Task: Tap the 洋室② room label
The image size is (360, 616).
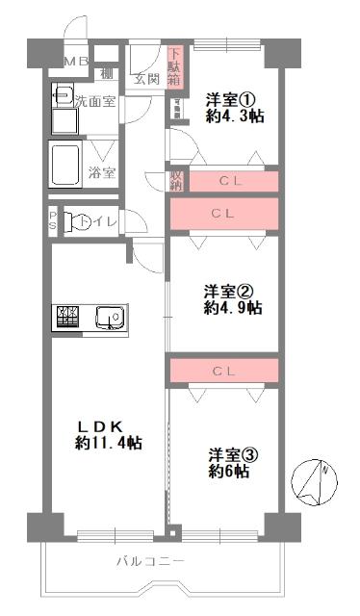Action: tap(232, 292)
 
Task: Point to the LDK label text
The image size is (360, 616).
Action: tap(109, 425)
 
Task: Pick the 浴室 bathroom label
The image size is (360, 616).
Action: tap(101, 173)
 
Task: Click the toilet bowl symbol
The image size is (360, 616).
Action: tap(82, 221)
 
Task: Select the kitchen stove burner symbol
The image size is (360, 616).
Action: tap(69, 316)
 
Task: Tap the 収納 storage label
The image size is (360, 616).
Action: tap(176, 180)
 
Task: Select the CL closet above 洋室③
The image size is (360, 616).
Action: tap(223, 370)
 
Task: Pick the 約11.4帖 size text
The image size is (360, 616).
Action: tap(109, 444)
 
